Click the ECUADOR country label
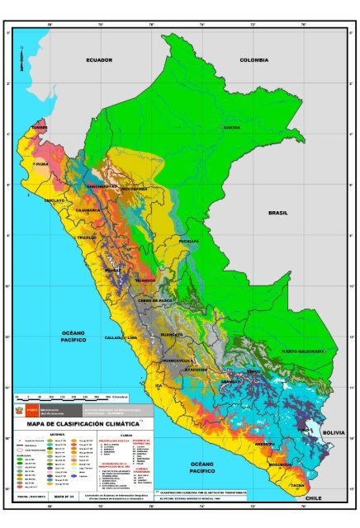[98, 60]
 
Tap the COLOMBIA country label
[253, 59]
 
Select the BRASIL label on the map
[278, 212]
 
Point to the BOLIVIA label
[334, 432]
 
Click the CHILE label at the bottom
[312, 499]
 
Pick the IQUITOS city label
[231, 128]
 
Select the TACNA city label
[296, 485]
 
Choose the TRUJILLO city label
[87, 238]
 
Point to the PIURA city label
[42, 164]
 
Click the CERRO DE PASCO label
[155, 301]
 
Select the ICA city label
[159, 384]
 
